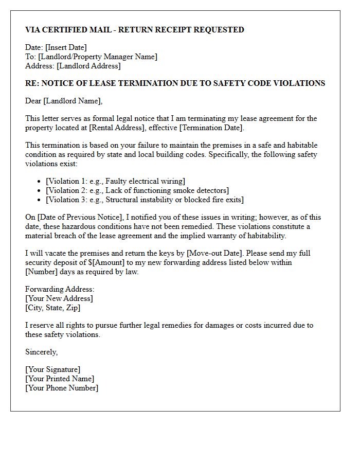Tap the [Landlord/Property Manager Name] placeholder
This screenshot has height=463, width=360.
(98, 57)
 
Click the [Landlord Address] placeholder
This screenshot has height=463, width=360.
(88, 66)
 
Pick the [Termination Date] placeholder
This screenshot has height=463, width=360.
(210, 128)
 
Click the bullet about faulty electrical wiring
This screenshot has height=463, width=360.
(115, 181)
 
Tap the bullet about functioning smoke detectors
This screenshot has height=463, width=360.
(137, 190)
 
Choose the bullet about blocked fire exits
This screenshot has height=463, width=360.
(145, 200)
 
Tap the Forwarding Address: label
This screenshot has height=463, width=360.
(60, 289)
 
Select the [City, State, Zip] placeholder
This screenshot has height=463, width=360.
(53, 308)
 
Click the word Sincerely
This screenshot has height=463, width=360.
(42, 352)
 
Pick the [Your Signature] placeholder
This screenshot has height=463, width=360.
(53, 369)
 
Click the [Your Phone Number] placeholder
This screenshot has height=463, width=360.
(62, 388)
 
